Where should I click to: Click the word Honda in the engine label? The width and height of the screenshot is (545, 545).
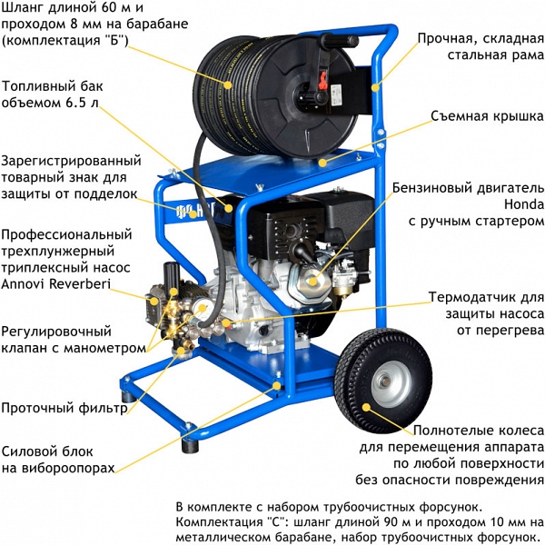pyautogui.click(x=524, y=204)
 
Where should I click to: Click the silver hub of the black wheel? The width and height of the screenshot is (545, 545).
pyautogui.click(x=391, y=383)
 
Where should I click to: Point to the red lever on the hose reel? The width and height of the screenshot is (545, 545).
pyautogui.click(x=322, y=80)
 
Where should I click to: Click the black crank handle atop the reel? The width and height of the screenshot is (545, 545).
pyautogui.click(x=340, y=41)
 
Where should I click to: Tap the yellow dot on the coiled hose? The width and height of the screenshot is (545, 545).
pyautogui.click(x=228, y=84)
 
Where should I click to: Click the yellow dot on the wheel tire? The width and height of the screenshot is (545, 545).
pyautogui.click(x=366, y=407)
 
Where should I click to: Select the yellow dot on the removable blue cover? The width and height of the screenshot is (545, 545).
pyautogui.click(x=322, y=163)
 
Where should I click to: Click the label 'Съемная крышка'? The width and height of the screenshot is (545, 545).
pyautogui.click(x=487, y=116)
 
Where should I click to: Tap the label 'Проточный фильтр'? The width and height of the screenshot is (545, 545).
pyautogui.click(x=64, y=408)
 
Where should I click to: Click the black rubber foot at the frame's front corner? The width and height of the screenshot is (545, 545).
pyautogui.click(x=190, y=445)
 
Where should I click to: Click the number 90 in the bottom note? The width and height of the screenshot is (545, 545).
pyautogui.click(x=385, y=522)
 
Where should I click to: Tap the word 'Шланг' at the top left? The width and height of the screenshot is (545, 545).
pyautogui.click(x=23, y=8)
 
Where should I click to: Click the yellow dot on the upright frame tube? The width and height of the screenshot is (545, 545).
pyautogui.click(x=375, y=87)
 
